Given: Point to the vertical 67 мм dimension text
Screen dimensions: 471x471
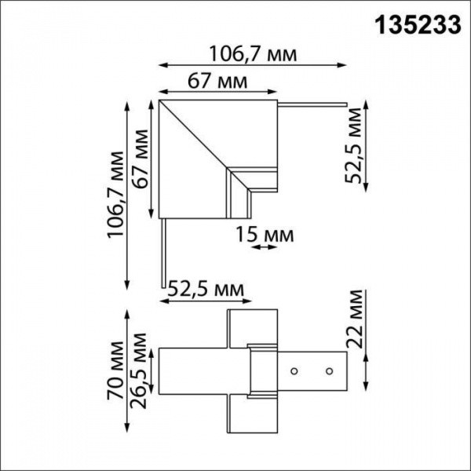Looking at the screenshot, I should tap(141, 156).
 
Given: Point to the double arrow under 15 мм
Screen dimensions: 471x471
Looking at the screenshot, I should tap(264, 248).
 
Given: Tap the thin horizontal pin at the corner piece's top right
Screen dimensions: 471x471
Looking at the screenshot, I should tap(312, 103).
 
